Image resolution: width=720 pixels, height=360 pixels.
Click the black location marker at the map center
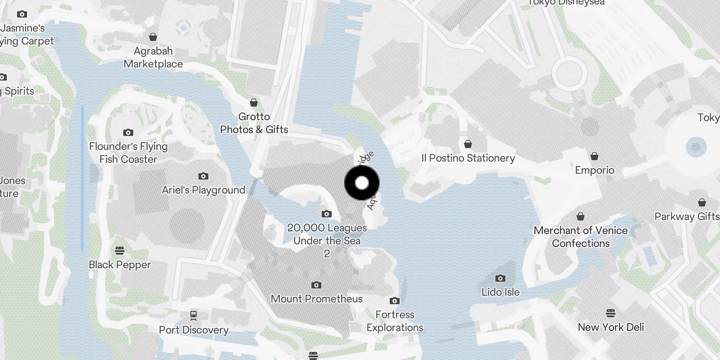click(362, 183)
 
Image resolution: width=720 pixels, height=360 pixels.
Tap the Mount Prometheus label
click(316, 299)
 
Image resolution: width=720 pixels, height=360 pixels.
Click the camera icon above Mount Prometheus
click(316, 285)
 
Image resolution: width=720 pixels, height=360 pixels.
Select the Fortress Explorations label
click(395, 321)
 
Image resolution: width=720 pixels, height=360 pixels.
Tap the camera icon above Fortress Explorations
click(395, 301)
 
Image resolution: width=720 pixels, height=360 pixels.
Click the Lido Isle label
click(500, 292)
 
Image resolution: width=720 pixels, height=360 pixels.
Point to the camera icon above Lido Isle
click(500, 278)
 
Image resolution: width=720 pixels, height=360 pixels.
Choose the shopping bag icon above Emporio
click(594, 156)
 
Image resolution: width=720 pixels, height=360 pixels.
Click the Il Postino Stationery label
click(468, 158)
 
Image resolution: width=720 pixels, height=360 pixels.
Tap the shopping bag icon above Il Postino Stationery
click(468, 144)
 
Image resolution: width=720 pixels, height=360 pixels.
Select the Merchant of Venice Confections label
click(580, 237)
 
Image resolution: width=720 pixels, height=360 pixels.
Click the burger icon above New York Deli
click(611, 313)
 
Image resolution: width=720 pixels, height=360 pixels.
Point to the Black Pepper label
click(120, 265)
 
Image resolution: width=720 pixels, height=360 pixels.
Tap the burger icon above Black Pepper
click(120, 250)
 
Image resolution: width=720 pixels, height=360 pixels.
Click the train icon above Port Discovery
click(193, 315)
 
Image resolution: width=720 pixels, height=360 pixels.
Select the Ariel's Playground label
click(203, 190)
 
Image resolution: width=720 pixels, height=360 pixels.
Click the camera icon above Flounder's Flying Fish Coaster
click(128, 132)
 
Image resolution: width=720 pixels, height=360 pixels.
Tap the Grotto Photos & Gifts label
click(254, 123)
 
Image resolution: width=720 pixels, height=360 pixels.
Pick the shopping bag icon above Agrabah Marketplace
click(153, 37)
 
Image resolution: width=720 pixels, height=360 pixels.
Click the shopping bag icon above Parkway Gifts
click(702, 202)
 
